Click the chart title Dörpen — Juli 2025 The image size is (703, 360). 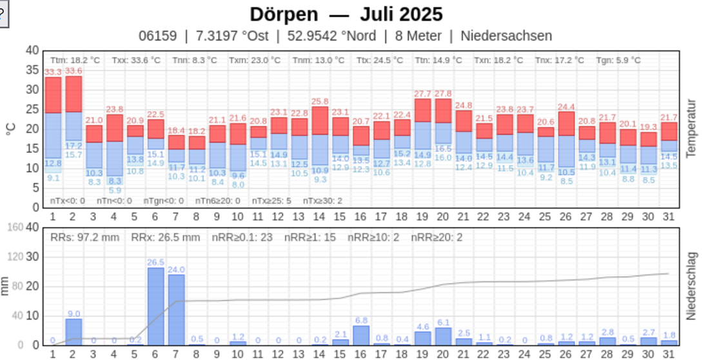pos(346,14)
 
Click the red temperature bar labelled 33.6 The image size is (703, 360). pos(74,94)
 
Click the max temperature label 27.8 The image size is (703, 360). pos(443,94)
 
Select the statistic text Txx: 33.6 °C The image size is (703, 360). pos(136,61)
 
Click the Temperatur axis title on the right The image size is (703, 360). pos(691,128)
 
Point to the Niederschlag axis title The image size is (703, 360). pos(691,285)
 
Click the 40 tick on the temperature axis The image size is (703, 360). pos(32,51)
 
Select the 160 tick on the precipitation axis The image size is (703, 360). pos(15,227)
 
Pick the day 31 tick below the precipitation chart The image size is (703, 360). pos(668,354)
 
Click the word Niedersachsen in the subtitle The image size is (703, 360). pos(506,35)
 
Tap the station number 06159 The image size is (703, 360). pos(157,35)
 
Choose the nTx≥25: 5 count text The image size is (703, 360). pos(272,201)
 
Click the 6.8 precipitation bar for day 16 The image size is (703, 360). pos(361,335)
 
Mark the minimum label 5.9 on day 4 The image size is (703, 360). pos(115,190)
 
